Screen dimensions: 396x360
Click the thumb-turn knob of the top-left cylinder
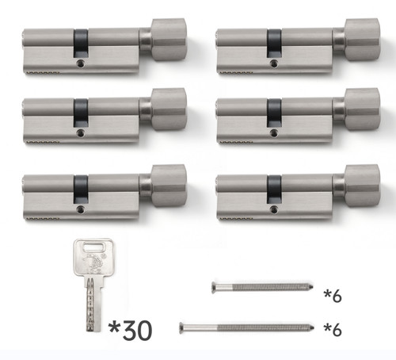(169, 40)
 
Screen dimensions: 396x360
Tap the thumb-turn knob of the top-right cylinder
(362, 40)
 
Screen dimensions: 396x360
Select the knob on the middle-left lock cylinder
(169, 109)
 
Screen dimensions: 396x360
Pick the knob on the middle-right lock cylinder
(362, 109)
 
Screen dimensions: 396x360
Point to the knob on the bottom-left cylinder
(169, 186)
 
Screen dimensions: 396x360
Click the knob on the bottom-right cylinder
(362, 186)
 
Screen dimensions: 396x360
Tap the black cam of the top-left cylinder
(81, 43)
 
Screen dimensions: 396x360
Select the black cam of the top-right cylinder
(274, 43)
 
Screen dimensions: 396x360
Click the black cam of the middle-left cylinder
(81, 113)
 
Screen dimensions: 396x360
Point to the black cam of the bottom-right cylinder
(274, 189)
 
